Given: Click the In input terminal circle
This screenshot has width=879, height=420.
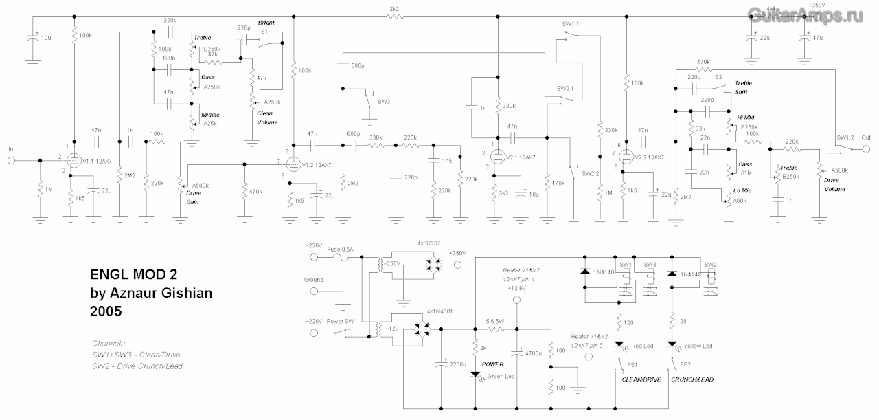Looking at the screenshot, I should pyautogui.click(x=11, y=162).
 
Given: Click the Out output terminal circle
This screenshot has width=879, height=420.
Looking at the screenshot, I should pyautogui.click(x=866, y=148).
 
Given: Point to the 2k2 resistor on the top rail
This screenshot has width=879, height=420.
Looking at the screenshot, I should pyautogui.click(x=393, y=17).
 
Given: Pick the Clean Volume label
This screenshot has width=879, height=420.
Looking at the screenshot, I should pyautogui.click(x=268, y=118).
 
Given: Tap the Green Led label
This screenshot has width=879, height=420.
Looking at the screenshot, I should pyautogui.click(x=501, y=376).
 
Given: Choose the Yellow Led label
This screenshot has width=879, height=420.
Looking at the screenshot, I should pyautogui.click(x=698, y=346).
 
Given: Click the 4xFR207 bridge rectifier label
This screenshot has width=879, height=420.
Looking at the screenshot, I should pyautogui.click(x=430, y=243).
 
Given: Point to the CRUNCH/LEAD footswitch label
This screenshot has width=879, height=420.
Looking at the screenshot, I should pyautogui.click(x=692, y=379).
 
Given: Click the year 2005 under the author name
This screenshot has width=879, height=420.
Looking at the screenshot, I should pyautogui.click(x=106, y=311).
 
